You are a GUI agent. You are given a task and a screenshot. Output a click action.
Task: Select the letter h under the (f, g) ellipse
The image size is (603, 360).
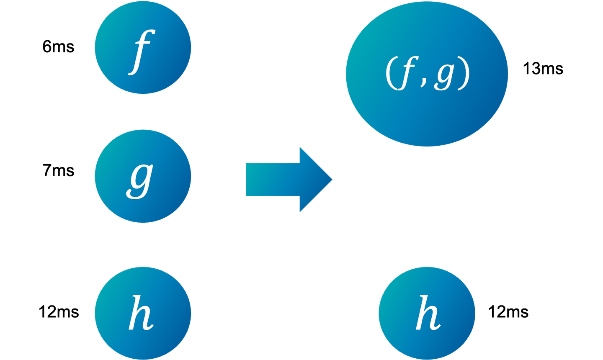pyautogui.click(x=428, y=313)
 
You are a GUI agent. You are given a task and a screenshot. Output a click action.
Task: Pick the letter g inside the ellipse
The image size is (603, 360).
pyautogui.click(x=443, y=76)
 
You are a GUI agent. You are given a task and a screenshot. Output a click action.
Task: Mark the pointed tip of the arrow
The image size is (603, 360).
pyautogui.click(x=332, y=180)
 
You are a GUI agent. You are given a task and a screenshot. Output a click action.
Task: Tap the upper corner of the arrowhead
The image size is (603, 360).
pyautogui.click(x=300, y=147)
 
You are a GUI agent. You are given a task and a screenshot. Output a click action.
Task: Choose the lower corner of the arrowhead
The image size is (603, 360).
pyautogui.click(x=300, y=212)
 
